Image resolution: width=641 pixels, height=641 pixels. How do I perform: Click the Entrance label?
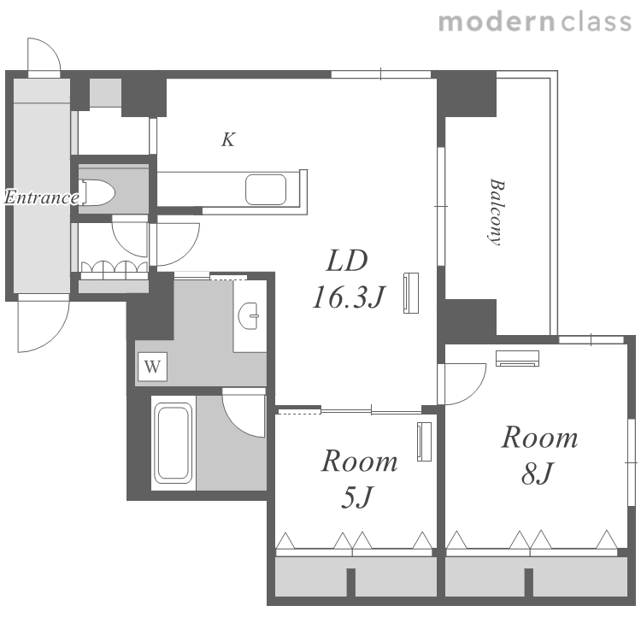(42, 197)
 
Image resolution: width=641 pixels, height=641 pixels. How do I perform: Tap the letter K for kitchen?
(228, 139)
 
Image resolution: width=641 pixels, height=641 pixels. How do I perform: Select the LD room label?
(347, 261)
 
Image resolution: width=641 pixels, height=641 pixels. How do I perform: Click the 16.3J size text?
(349, 297)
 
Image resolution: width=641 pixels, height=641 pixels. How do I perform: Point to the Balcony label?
(496, 212)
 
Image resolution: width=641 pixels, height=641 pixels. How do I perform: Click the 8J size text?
(538, 473)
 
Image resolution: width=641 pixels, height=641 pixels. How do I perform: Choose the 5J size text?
(357, 497)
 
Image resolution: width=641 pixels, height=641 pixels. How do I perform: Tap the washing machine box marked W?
(152, 367)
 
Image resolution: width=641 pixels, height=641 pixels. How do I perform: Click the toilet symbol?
(97, 192)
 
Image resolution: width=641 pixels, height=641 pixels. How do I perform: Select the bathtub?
(174, 442)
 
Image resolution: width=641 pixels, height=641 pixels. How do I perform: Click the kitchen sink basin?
(266, 189)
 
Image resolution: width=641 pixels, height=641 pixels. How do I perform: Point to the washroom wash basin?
(249, 315)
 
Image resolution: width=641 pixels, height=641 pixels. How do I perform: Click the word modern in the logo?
(497, 21)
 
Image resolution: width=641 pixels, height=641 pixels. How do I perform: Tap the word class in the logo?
(597, 21)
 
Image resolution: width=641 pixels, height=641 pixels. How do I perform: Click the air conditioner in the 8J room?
(517, 358)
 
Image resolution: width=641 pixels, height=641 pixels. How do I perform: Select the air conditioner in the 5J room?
(424, 442)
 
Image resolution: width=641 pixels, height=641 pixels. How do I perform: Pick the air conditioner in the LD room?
(411, 293)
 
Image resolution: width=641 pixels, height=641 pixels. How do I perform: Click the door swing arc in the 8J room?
(474, 391)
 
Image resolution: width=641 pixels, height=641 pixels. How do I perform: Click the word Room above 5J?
(359, 462)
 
